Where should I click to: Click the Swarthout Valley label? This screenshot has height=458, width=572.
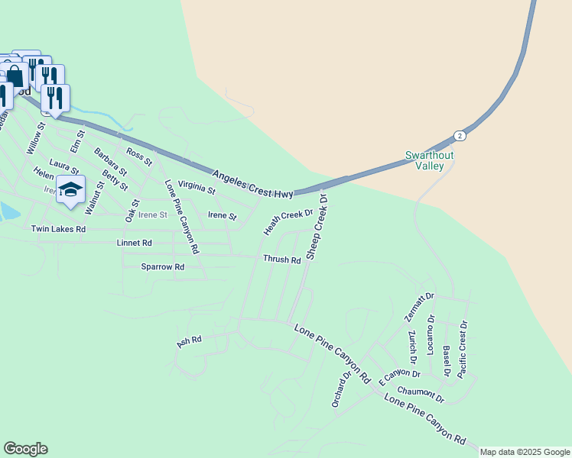pyautogui.click(x=429, y=160)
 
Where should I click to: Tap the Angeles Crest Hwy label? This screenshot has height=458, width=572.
pyautogui.click(x=253, y=182)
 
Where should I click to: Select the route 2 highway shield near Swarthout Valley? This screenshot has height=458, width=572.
pyautogui.click(x=459, y=135)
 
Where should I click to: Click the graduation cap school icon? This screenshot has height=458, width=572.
pyautogui.click(x=70, y=189)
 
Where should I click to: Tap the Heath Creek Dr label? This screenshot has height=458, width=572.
pyautogui.click(x=289, y=221)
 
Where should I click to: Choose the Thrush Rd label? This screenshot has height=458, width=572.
pyautogui.click(x=281, y=260)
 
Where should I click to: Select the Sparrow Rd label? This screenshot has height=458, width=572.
pyautogui.click(x=162, y=267)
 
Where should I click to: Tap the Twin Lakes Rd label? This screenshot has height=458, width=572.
pyautogui.click(x=58, y=229)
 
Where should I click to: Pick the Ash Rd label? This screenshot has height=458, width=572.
pyautogui.click(x=188, y=341)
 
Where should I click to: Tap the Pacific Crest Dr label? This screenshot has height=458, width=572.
pyautogui.click(x=463, y=350)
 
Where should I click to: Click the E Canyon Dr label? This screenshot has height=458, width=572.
pyautogui.click(x=399, y=373)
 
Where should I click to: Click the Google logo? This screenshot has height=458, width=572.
pyautogui.click(x=25, y=449)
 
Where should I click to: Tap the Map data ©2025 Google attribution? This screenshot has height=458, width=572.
pyautogui.click(x=525, y=452)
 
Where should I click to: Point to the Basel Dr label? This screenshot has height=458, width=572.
pyautogui.click(x=447, y=360)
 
